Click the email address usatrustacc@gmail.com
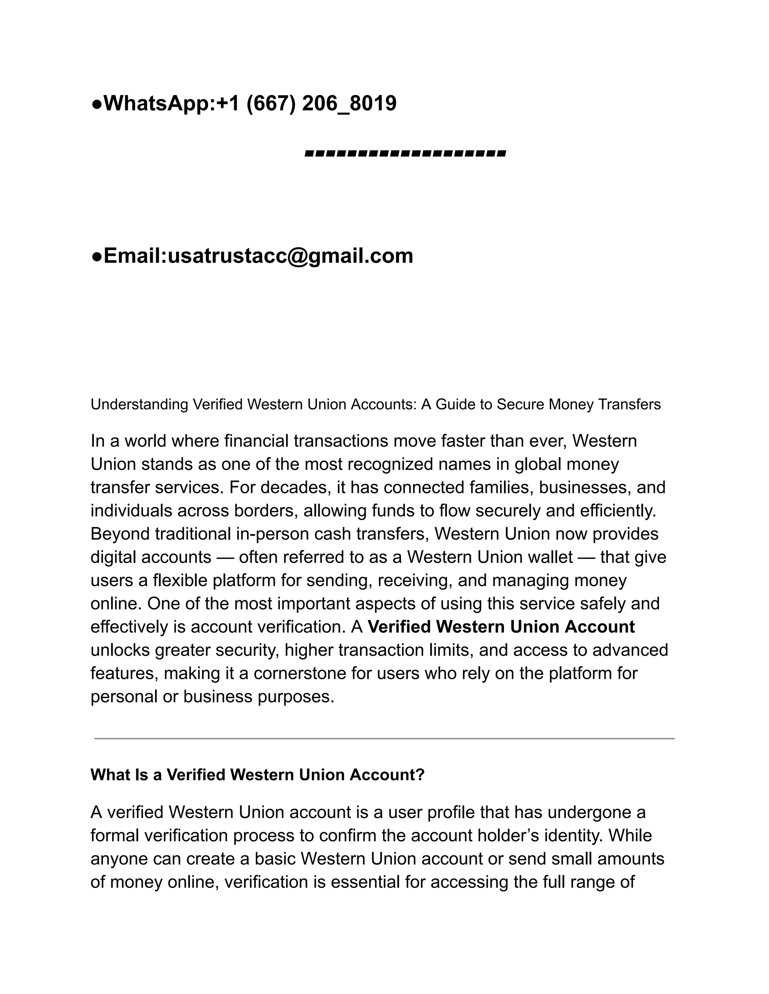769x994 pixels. point(290,256)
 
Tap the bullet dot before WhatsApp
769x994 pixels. point(97,104)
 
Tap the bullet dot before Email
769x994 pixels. point(97,257)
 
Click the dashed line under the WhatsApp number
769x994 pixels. point(405,154)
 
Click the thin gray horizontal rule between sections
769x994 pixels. point(384,739)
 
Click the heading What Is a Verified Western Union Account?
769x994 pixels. point(257,775)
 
